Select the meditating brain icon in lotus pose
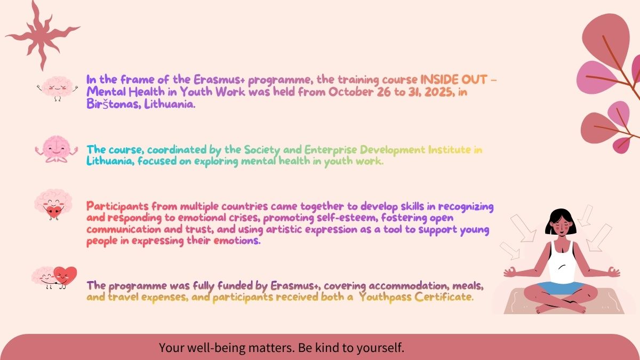[57, 149]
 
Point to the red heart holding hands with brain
[65, 276]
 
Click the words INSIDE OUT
[454, 79]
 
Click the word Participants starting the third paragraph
[117, 206]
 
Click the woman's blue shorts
[562, 287]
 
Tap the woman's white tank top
[562, 263]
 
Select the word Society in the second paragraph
[262, 150]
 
